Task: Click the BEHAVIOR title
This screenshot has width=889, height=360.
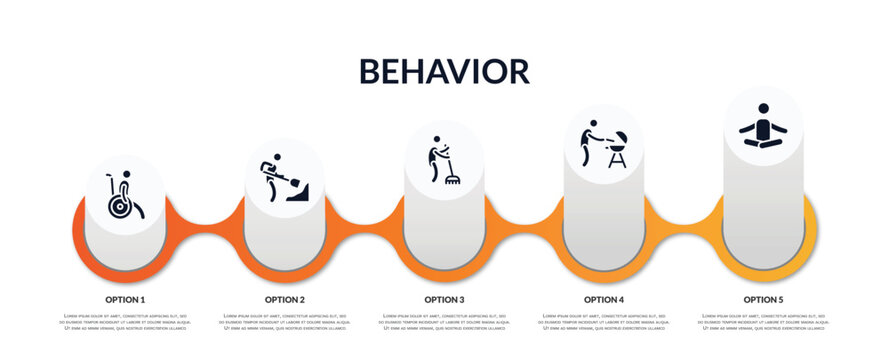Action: (443, 71)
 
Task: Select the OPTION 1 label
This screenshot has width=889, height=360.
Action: (125, 299)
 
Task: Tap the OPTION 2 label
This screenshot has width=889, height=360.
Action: (285, 299)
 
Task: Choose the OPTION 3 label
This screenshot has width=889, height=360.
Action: (444, 299)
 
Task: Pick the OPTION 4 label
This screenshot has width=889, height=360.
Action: (604, 299)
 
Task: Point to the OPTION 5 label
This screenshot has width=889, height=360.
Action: (763, 299)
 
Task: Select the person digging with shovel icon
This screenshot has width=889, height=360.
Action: (284, 179)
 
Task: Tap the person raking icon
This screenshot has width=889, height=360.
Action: (444, 160)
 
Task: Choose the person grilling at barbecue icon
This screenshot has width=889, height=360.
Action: (603, 144)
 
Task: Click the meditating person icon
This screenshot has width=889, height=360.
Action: (763, 127)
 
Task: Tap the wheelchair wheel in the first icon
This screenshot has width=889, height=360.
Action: (120, 206)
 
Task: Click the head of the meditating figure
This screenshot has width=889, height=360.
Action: (763, 109)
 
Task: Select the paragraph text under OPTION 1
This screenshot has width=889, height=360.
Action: (125, 322)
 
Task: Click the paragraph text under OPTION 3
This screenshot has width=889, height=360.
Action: (444, 322)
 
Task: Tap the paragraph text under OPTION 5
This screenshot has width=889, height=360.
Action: (763, 322)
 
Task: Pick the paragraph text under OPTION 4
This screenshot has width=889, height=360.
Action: (604, 322)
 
